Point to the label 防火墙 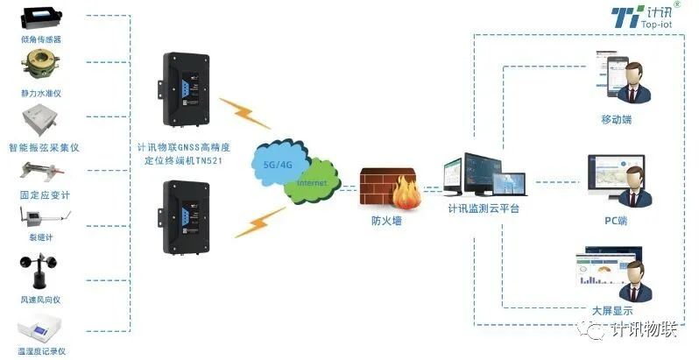click(x=386, y=221)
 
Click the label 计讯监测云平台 click(x=484, y=208)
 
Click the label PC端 click(x=616, y=221)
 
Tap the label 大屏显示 click(x=612, y=310)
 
